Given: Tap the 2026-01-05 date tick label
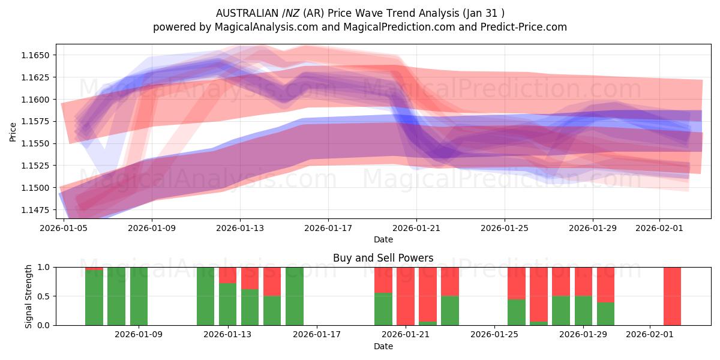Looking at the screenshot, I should click(64, 228).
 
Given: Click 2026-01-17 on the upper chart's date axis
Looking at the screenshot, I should click(328, 228).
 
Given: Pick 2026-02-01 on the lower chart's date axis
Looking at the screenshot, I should click(650, 335).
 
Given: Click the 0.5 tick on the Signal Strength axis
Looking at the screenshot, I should click(45, 296).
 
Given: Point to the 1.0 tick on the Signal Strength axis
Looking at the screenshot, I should click(45, 267).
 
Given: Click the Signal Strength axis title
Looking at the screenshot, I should click(29, 296).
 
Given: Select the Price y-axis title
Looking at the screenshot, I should click(13, 131).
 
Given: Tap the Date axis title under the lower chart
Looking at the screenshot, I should click(383, 346).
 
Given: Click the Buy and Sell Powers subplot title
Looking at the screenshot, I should click(383, 258).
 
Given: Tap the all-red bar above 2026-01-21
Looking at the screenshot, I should click(406, 296).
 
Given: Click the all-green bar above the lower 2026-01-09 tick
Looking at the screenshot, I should click(139, 296).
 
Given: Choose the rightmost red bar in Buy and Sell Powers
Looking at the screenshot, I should click(672, 296).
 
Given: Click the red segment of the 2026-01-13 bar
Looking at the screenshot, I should click(227, 275).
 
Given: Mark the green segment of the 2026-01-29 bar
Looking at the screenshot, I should click(583, 310).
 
